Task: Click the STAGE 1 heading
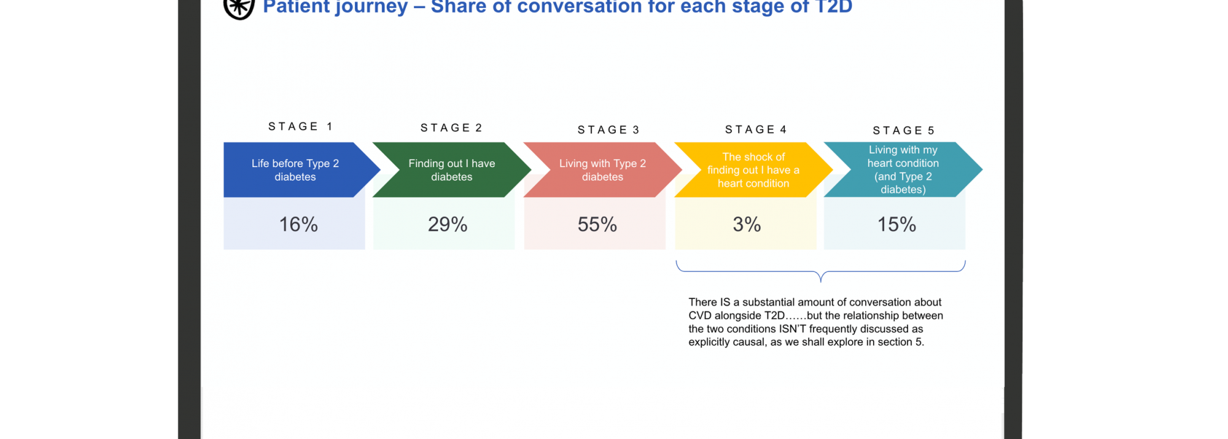[x=300, y=126]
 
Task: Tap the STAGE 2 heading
[x=451, y=128]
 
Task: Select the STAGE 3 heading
[x=608, y=130]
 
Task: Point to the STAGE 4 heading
[x=756, y=130]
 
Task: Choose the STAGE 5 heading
[x=904, y=131]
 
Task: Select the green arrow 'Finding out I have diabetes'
[x=451, y=170]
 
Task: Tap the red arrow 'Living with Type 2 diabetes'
[x=602, y=170]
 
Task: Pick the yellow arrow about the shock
[x=753, y=170]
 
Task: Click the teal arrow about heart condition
[x=903, y=170]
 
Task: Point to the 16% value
[x=298, y=225]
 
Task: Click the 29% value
[x=448, y=225]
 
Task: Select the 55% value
[x=597, y=225]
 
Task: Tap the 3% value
[x=747, y=225]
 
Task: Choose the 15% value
[x=896, y=225]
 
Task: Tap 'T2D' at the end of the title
[x=833, y=7]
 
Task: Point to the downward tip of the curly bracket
[x=821, y=282]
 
